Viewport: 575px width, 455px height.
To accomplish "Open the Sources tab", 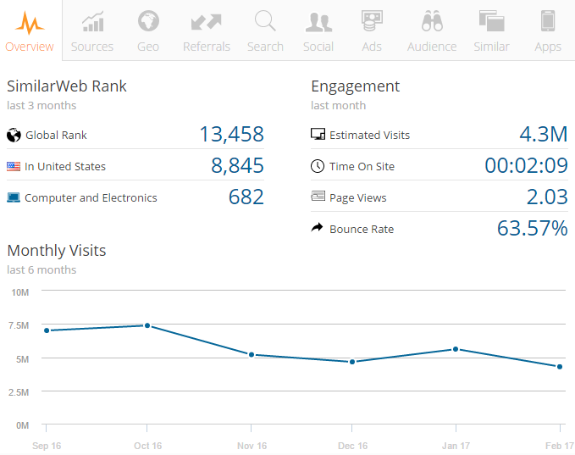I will click(92, 31).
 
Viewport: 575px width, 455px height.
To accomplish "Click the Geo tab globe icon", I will click(148, 20).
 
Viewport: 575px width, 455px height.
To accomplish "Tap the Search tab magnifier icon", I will click(265, 20).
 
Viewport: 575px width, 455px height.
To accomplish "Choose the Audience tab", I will click(432, 31).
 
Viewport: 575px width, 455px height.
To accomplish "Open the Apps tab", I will click(548, 31).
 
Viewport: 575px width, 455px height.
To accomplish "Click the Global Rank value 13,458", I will click(231, 134).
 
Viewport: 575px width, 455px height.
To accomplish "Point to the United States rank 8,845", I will click(237, 165).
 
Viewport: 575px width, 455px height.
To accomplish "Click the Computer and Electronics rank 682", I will click(246, 197).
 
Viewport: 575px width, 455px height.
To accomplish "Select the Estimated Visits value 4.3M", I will click(543, 134).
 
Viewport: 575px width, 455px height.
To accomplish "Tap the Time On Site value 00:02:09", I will click(526, 165).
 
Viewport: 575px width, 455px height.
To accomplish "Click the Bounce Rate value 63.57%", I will click(532, 228).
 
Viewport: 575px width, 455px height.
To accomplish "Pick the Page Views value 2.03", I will click(546, 197).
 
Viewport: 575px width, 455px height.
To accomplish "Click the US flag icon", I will click(13, 166).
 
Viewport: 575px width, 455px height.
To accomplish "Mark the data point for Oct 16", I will click(147, 325).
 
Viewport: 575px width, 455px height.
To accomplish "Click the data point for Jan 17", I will click(456, 349).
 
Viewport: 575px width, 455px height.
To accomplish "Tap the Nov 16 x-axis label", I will click(251, 446).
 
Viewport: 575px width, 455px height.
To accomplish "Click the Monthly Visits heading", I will click(57, 250).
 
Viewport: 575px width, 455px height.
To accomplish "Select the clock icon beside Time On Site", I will click(318, 166).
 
